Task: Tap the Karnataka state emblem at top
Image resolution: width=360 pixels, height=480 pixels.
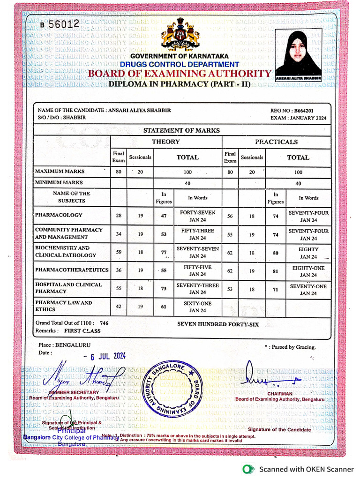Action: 180,34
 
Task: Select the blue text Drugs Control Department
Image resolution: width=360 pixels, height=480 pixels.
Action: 179,64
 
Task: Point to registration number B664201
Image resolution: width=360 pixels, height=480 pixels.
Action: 298,111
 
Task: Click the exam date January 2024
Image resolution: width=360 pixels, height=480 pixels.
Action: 298,118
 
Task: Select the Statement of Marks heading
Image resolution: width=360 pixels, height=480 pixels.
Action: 181,130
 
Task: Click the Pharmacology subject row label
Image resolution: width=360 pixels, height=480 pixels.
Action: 59,215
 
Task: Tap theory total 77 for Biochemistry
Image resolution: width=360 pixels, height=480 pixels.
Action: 164,252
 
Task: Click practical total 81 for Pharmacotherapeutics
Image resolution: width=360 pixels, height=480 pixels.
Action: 275,270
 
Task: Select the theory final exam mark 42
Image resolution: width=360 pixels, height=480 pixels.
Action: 119,307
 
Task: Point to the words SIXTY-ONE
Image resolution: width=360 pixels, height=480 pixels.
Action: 197,303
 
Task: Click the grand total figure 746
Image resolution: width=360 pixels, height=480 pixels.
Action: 104,323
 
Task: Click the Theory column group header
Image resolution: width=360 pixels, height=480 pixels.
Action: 165,142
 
